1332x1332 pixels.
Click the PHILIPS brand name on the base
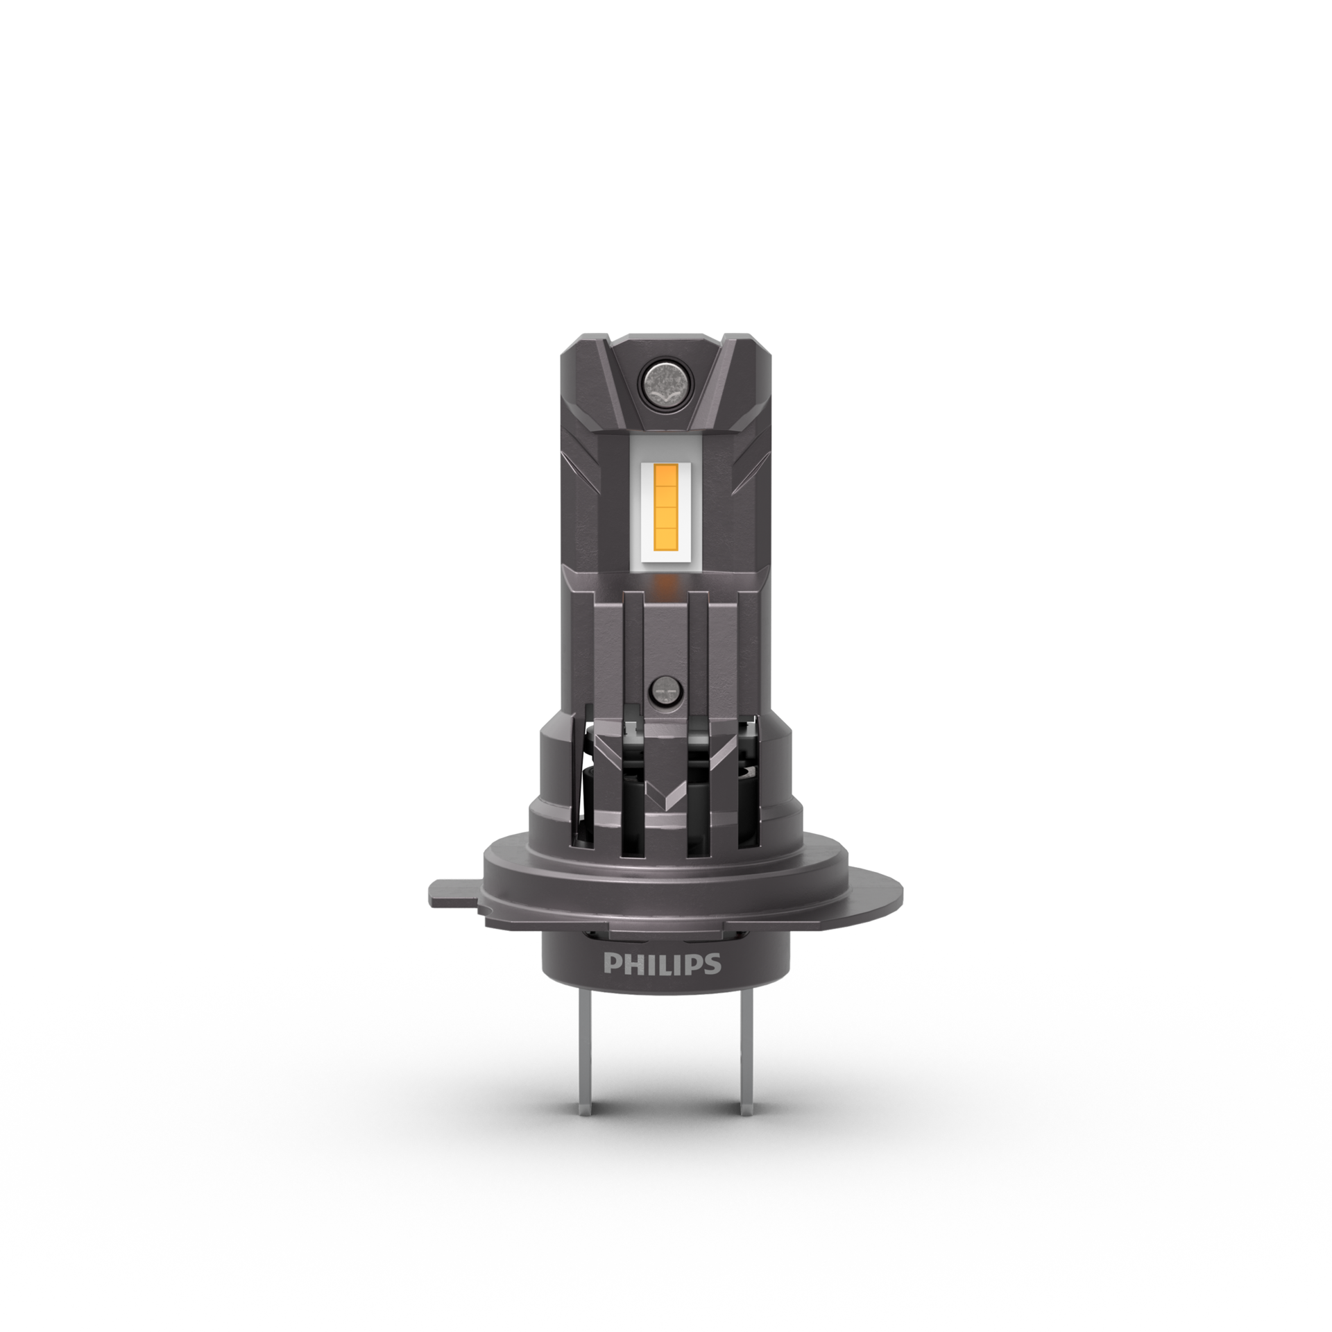(663, 965)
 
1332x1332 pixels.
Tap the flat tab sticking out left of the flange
(454, 892)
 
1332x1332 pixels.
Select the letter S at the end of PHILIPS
(714, 965)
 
